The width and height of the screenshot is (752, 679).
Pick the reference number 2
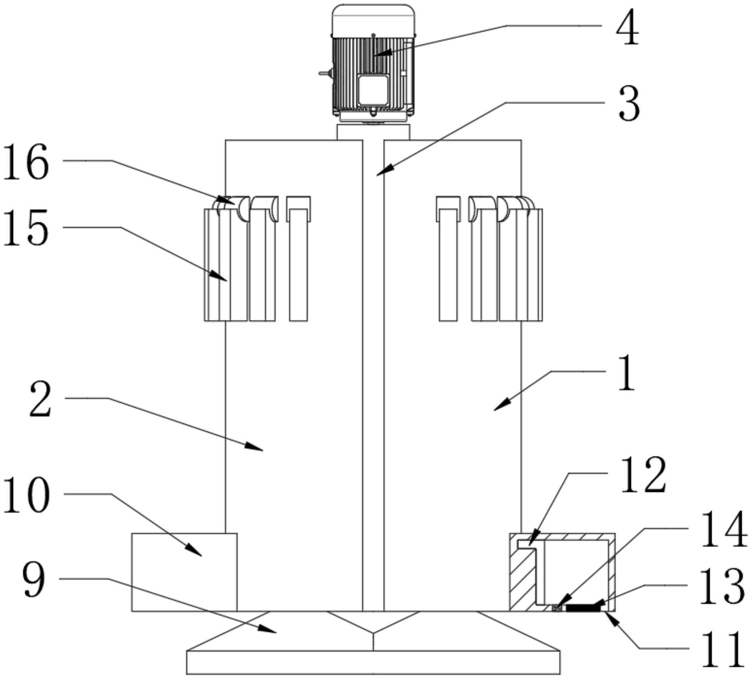41,400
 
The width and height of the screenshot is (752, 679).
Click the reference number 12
643,476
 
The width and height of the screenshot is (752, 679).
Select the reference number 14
725,531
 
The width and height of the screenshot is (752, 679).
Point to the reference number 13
722,588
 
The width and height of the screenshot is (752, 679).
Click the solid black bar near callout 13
583,608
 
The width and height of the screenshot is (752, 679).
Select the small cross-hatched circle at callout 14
557,608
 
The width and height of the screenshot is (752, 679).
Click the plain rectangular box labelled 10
185,572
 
